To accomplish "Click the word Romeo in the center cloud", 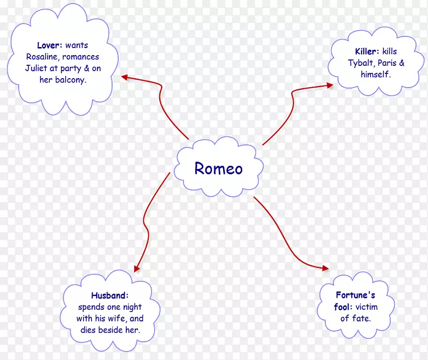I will coord(218,168).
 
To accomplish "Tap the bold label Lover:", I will coord(50,45).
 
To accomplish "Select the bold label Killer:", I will coord(367,52).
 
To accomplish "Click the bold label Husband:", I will coord(110,295).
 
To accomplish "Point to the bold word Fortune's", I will coord(355,295).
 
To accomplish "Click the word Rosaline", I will coord(41,57).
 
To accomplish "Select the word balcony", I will coord(70,80).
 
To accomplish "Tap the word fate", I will coord(362,319).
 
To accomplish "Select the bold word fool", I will coord(342,307).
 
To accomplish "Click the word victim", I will coord(367,307).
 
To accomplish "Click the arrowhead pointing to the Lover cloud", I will coord(124,77).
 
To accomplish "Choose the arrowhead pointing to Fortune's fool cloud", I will coord(326,267).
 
